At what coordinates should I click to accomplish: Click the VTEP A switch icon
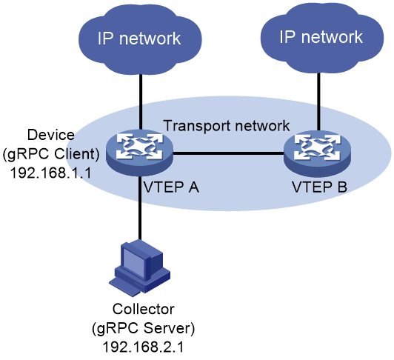click(139, 153)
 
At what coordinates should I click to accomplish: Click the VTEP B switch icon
click(318, 154)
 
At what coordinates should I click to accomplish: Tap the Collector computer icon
click(140, 266)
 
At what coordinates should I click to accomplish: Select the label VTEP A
click(171, 187)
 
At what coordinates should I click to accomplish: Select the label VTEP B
click(319, 187)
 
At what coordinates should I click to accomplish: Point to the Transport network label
click(227, 125)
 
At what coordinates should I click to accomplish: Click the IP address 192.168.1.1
click(51, 173)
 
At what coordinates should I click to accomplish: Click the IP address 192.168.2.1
click(143, 347)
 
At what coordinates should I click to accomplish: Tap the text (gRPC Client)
click(51, 154)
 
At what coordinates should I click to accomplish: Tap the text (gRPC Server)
click(143, 328)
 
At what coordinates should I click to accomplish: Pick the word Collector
click(143, 309)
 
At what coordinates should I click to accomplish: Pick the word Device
click(51, 135)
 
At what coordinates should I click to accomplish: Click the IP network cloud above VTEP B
click(322, 37)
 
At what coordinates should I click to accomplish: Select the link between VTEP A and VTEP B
click(228, 153)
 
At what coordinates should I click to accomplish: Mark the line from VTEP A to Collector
click(140, 207)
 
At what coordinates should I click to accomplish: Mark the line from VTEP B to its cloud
click(318, 101)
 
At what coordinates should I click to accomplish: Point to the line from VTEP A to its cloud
click(141, 101)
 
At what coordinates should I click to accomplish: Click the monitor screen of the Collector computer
click(136, 261)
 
